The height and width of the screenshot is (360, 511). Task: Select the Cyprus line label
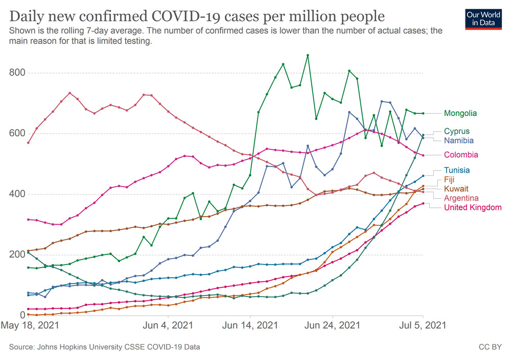[x=457, y=131]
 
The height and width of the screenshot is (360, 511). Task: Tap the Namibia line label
[x=459, y=140]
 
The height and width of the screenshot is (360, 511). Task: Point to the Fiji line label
[x=450, y=180]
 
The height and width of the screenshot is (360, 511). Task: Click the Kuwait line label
[x=456, y=189]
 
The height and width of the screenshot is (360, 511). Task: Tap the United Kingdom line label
[x=473, y=207]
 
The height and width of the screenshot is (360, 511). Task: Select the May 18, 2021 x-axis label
[x=29, y=325]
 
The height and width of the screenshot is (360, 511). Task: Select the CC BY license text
[x=490, y=347]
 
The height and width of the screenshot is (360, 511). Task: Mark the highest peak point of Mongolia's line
[x=308, y=55]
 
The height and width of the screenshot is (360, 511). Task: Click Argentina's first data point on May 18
[x=29, y=142]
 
